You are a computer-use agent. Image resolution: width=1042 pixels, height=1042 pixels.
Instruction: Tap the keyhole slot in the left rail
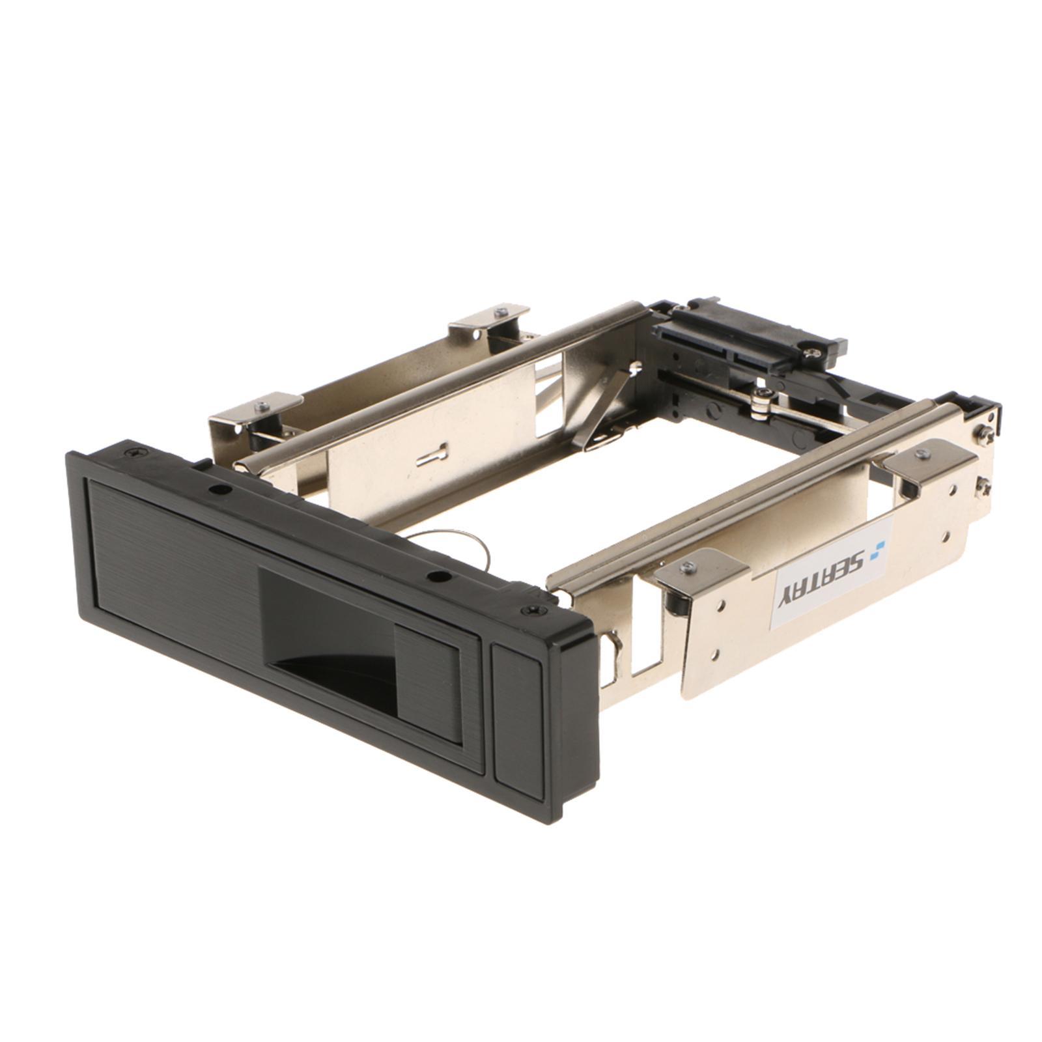430,454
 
